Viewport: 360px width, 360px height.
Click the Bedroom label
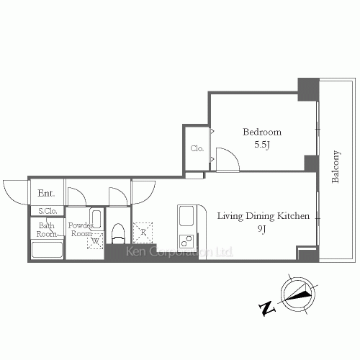point(262,132)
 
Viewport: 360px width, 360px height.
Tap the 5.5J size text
point(262,145)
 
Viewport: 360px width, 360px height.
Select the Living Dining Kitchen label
point(264,216)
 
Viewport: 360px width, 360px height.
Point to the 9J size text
point(262,229)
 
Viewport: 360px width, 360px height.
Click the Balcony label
point(336,166)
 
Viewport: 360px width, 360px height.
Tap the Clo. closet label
point(197,148)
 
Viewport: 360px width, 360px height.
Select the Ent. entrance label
point(46,193)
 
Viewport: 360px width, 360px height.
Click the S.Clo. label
point(48,211)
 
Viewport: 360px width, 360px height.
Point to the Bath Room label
point(47,230)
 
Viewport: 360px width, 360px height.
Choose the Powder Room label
point(81,229)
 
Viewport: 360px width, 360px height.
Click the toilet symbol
point(118,233)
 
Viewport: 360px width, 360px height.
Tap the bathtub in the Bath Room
point(47,250)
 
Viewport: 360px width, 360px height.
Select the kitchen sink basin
point(186,216)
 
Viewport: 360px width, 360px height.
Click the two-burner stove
point(186,241)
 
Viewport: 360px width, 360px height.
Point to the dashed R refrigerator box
point(143,232)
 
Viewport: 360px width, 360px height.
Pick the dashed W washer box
point(95,240)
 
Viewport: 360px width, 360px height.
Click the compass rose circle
point(298,294)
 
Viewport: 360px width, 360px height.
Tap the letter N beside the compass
point(267,308)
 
